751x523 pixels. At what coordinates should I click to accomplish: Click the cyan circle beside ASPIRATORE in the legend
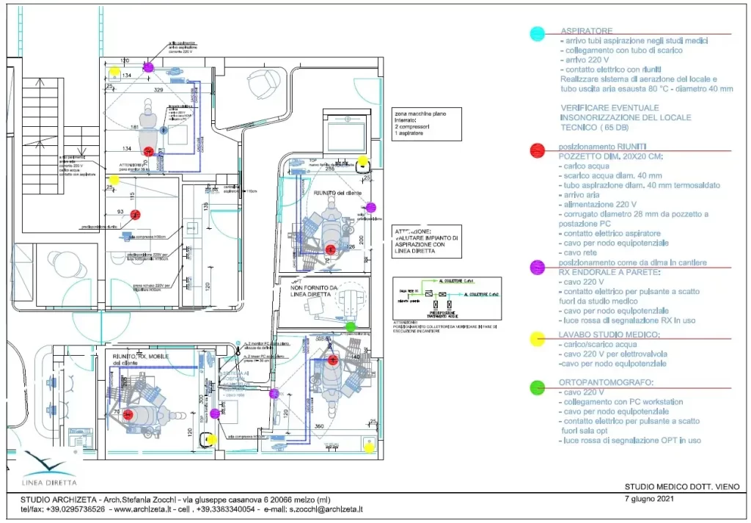[538, 34]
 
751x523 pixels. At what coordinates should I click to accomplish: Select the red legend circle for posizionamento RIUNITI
[537, 150]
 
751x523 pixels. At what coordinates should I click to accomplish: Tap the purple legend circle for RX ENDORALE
[537, 267]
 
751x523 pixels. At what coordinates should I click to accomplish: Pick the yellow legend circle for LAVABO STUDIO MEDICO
[537, 339]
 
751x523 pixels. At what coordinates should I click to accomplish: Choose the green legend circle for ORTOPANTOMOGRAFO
[537, 386]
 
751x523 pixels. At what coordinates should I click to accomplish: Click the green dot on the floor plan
[350, 326]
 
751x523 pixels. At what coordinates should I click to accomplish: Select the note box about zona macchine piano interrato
[426, 125]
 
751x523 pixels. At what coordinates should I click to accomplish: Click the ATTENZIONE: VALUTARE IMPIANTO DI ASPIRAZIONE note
[426, 241]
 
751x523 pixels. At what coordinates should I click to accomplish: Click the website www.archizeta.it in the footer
[144, 509]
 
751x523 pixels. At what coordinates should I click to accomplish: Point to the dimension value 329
[158, 89]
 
